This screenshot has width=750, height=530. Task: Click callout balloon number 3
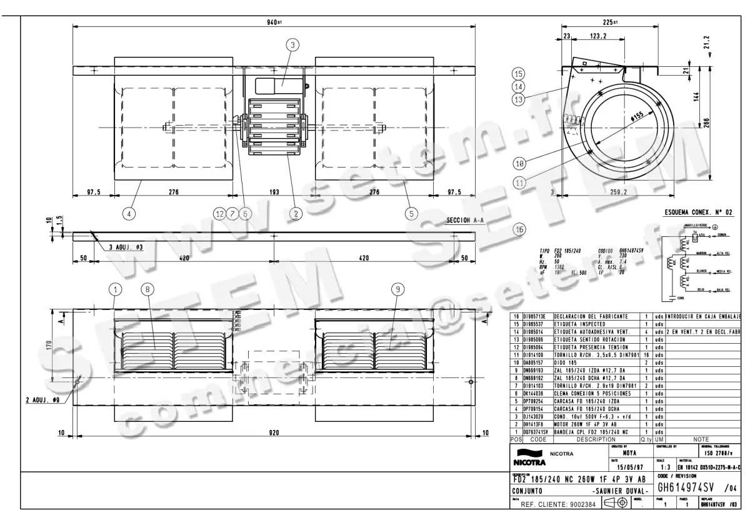292,44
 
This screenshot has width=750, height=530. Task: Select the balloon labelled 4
128,213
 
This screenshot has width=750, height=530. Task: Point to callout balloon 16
518,229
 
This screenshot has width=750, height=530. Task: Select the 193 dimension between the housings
274,192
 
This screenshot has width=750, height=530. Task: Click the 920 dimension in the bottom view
274,432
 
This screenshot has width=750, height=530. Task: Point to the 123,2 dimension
599,37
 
